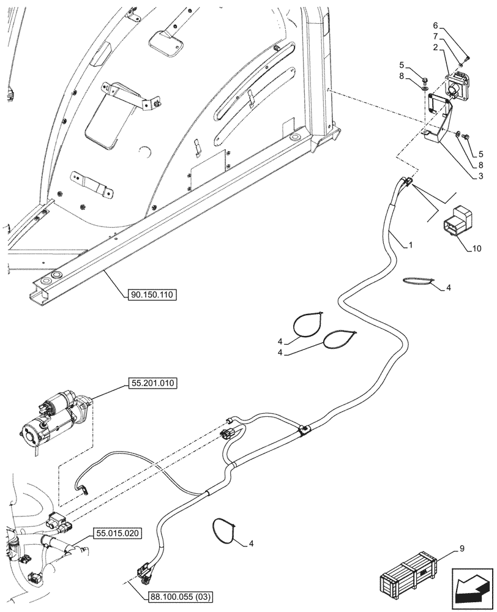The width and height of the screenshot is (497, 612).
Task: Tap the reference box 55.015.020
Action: coord(118,534)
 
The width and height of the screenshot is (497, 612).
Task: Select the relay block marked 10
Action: coord(457,220)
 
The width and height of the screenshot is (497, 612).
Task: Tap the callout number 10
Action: coord(477,248)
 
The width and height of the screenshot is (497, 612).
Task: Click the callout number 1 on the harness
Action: coord(411,245)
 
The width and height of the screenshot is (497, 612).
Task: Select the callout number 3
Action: coord(482,176)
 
